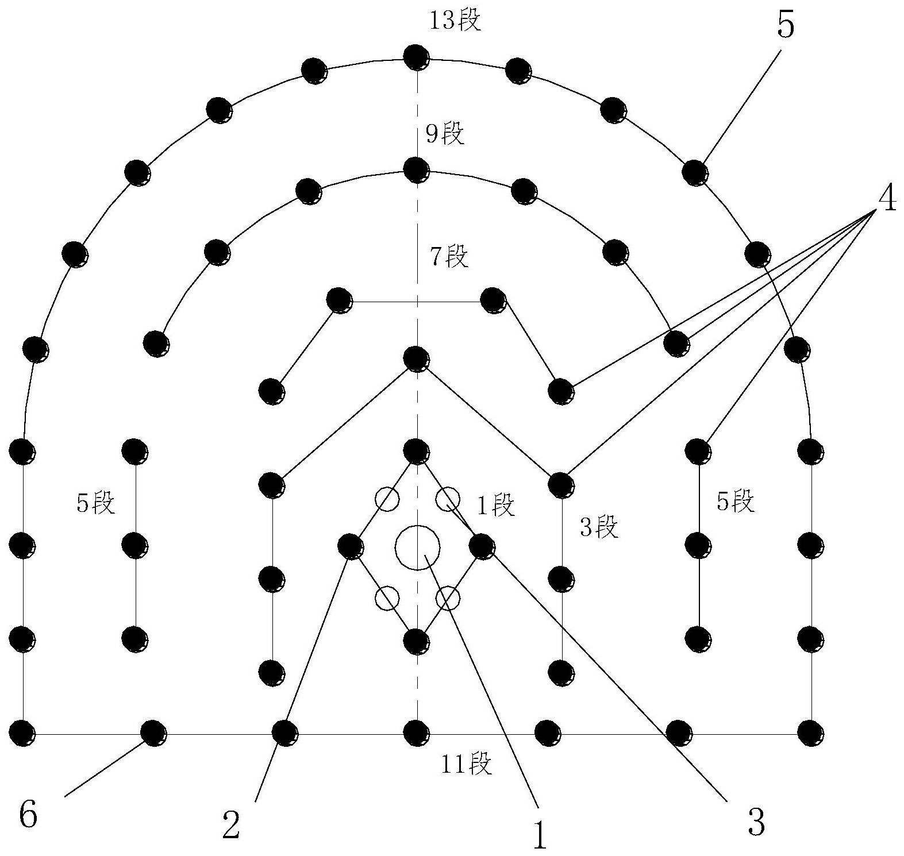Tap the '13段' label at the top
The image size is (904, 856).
tap(455, 21)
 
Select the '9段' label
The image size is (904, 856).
tap(445, 134)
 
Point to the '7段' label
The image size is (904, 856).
tap(449, 256)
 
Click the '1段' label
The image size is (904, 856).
tap(497, 506)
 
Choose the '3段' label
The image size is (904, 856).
tap(599, 527)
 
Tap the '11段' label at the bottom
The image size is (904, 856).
tap(466, 765)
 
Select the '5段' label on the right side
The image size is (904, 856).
tap(735, 502)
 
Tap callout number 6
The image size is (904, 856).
tap(28, 815)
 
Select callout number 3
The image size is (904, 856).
tap(757, 823)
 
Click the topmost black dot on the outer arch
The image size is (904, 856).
tap(416, 57)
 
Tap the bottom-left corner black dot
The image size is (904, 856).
tap(23, 733)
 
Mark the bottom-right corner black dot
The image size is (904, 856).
tap(810, 733)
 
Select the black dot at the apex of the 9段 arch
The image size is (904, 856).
tap(416, 170)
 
